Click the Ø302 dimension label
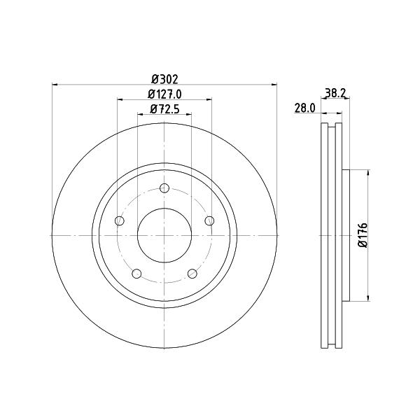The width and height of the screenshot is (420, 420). (164, 79)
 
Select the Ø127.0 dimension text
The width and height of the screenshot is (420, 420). (164, 94)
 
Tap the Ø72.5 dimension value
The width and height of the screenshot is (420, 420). (164, 109)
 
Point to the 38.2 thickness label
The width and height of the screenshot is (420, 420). (335, 93)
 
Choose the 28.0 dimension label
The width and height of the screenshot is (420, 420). (305, 108)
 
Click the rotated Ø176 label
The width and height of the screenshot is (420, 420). (363, 235)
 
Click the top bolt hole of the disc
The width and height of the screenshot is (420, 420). (164, 188)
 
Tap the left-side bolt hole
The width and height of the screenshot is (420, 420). (120, 221)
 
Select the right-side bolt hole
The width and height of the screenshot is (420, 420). (209, 220)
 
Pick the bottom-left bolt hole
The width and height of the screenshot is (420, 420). (136, 274)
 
